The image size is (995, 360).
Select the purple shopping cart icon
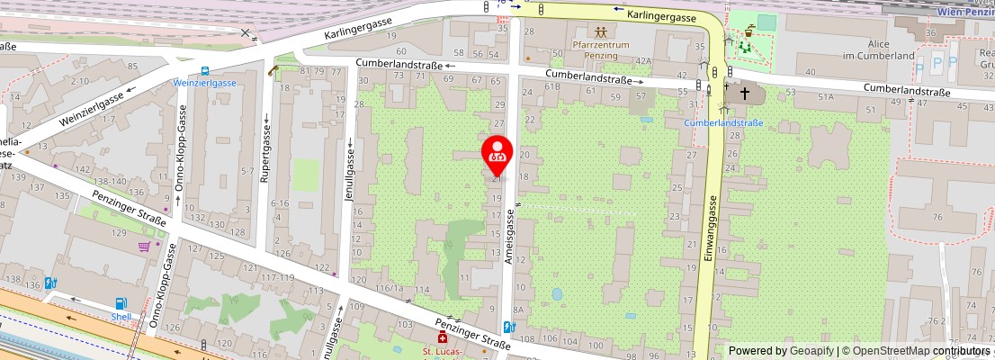point(144,247)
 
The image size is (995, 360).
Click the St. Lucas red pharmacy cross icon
point(441,337)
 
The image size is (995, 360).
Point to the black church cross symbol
point(746,92)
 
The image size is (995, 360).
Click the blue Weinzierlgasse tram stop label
point(205,82)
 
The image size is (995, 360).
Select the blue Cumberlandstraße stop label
point(723,122)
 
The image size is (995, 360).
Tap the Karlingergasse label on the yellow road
point(662,15)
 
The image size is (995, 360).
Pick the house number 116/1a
point(389,289)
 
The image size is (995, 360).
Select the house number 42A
point(642,61)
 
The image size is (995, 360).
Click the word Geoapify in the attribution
point(811,351)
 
